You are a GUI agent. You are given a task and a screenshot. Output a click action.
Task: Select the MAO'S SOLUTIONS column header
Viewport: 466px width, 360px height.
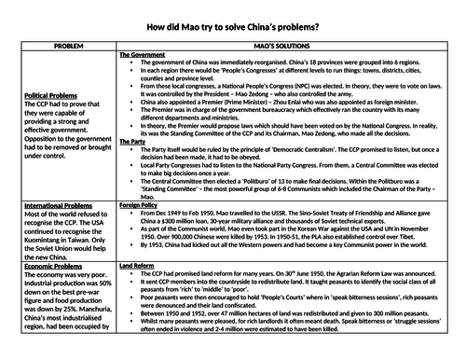290,44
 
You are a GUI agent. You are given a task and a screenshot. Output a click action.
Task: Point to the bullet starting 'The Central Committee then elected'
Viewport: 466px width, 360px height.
280,198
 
